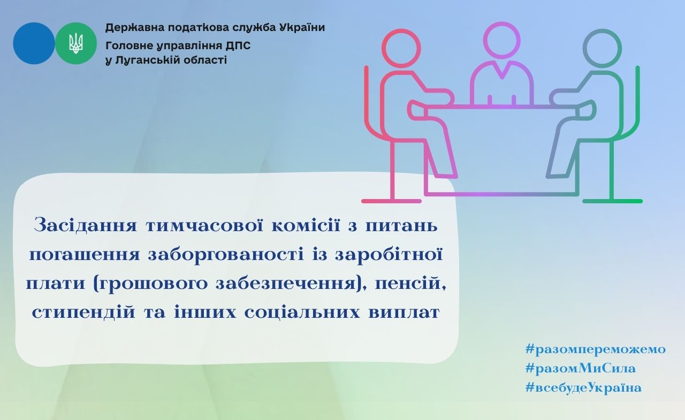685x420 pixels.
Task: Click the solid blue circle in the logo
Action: click(x=34, y=43)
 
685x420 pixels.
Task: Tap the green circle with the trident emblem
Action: click(x=76, y=43)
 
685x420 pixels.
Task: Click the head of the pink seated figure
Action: click(x=401, y=48)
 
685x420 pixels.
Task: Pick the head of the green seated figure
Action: click(x=602, y=48)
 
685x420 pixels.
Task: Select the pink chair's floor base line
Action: click(x=391, y=201)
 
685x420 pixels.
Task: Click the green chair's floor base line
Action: click(x=613, y=201)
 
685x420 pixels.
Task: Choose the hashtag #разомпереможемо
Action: click(x=596, y=349)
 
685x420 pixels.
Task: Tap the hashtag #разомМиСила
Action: click(x=581, y=368)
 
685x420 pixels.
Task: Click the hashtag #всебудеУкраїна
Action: click(x=583, y=387)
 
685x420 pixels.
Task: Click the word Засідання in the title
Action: click(x=85, y=225)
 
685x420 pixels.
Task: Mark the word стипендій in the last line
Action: click(x=83, y=312)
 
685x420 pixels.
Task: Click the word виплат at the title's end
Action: click(x=404, y=313)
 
